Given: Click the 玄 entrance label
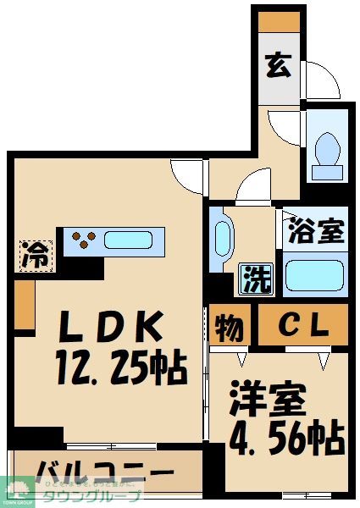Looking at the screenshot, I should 280,64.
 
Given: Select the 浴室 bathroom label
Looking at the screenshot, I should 317,231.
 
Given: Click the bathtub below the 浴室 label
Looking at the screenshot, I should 313,275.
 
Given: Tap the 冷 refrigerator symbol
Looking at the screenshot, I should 36,253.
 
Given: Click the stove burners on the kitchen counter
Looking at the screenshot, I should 84,240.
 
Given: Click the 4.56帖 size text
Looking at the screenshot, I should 287,439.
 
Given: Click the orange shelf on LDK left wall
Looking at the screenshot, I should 24,304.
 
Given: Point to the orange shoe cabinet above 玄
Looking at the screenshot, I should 280,20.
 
